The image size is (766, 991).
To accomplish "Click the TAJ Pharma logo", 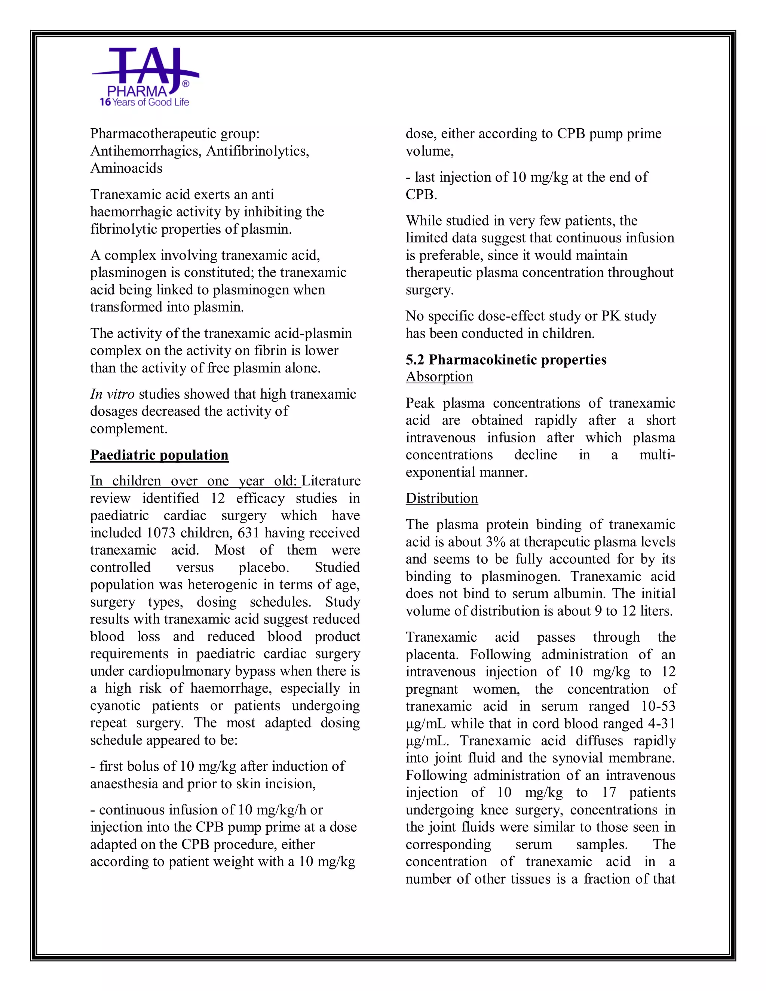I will coord(144,77).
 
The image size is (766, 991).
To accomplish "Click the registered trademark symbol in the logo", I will coord(185,84).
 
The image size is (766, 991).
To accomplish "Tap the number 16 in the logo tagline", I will coord(105,102).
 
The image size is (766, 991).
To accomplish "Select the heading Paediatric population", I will coord(159,455).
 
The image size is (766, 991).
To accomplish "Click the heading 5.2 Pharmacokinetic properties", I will coord(506,359).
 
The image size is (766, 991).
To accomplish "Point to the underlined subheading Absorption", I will coord(439,377).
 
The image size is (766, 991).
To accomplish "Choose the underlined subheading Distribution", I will coord(442,498).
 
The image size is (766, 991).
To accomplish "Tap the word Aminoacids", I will coord(126,168).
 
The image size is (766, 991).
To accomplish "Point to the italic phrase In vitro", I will coord(112,394).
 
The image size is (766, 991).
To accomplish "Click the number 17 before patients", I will coord(609,792).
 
